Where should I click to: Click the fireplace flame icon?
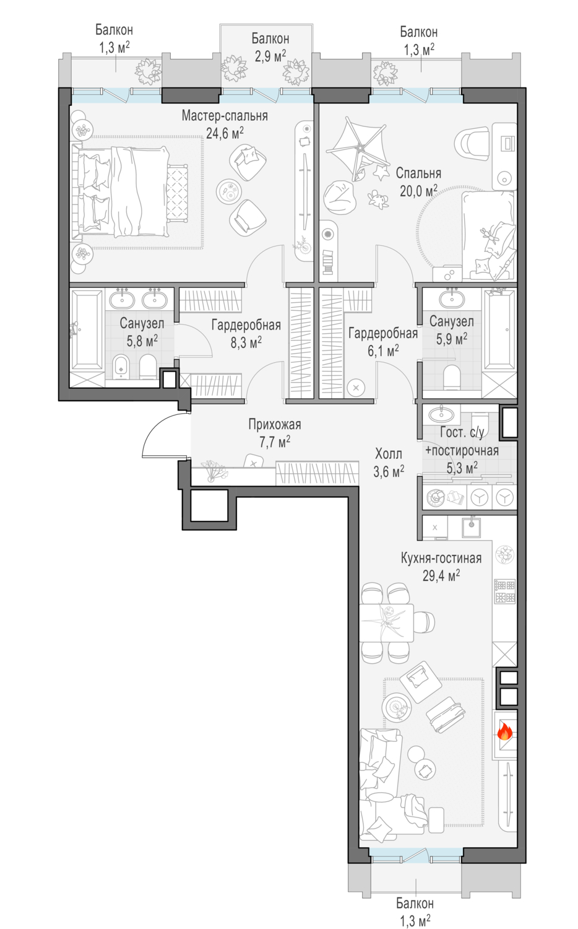tap(504, 733)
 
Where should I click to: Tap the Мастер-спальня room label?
tap(225, 116)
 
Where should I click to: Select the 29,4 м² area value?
tap(441, 575)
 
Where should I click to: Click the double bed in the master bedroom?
tap(125, 191)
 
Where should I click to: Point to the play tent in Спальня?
tap(357, 149)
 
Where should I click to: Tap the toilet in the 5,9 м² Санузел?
tap(452, 377)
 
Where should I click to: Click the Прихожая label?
tap(275, 424)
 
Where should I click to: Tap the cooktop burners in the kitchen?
tap(504, 591)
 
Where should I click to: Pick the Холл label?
tap(388, 454)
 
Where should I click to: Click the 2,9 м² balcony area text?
tap(270, 56)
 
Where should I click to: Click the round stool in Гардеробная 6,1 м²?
tap(355, 388)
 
